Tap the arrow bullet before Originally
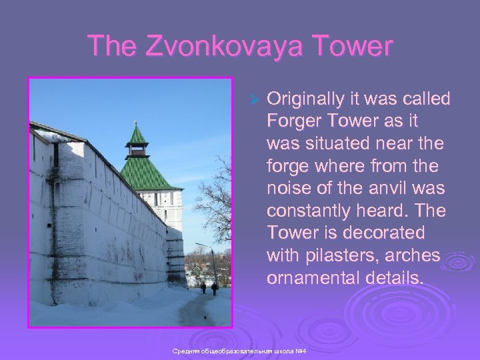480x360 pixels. pos(253,100)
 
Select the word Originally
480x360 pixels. pos(305,99)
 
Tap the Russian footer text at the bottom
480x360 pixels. pos(239,351)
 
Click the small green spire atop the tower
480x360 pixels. pos(137,135)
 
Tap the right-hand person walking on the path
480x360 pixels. pos(215,289)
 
